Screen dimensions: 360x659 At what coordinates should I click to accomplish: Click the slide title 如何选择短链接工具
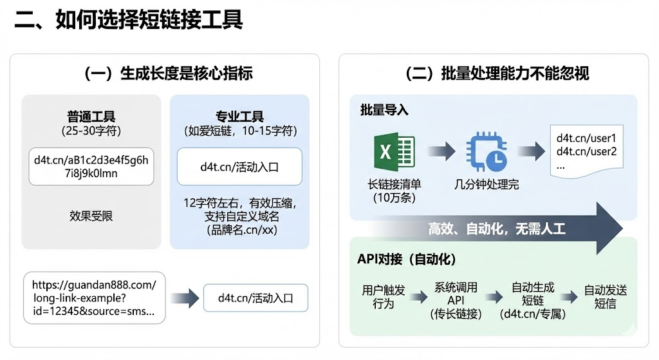point(129,20)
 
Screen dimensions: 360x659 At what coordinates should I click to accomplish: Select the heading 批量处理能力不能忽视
point(497,73)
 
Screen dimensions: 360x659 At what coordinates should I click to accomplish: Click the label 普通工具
point(91,117)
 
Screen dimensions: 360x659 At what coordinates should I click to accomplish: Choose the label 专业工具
point(239,117)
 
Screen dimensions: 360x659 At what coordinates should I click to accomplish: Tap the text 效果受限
point(91,216)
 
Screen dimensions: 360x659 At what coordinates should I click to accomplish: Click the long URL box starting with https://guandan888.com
point(93,298)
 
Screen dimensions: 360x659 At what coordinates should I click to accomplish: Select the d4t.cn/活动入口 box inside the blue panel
point(239,167)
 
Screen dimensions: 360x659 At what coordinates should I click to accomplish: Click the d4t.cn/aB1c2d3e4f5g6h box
point(91,166)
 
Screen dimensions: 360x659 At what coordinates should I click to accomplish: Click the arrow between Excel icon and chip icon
point(440,152)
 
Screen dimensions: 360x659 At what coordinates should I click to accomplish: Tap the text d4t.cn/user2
point(586,152)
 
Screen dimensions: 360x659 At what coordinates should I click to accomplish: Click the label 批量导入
point(384,110)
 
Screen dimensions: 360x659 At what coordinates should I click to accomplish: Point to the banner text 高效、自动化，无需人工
point(497,229)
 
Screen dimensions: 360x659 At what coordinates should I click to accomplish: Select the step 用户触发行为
point(384,297)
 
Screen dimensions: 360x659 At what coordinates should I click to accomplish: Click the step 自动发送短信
point(605,297)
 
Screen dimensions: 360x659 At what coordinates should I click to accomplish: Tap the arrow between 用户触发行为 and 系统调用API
point(418,297)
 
